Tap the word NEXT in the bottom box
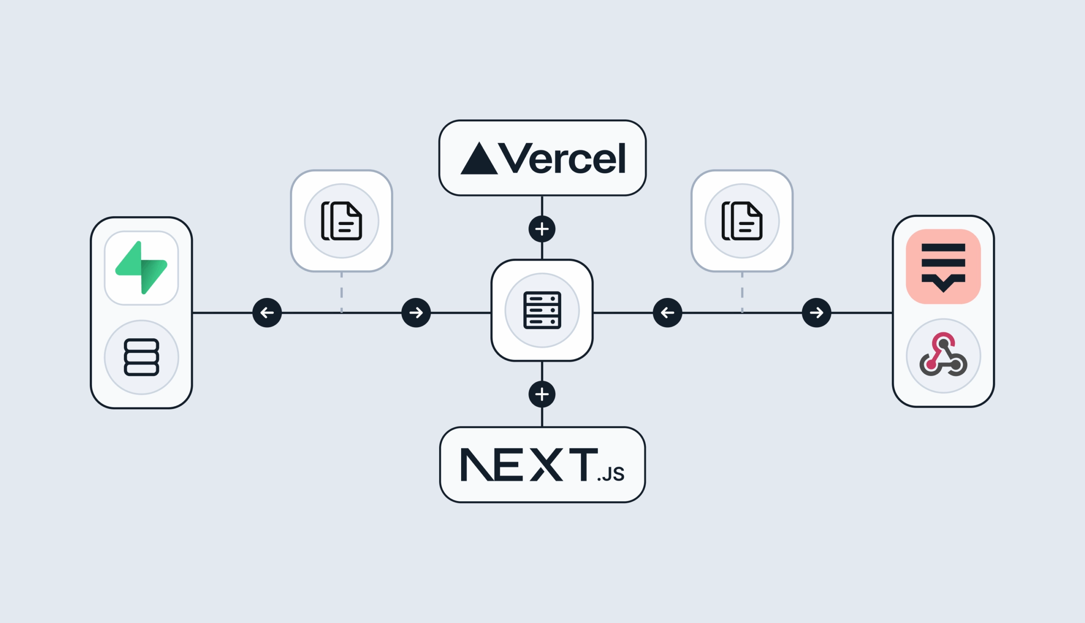tap(529, 464)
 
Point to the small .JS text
tap(611, 474)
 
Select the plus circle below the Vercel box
tap(542, 229)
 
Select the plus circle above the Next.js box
tap(542, 394)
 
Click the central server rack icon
tap(542, 310)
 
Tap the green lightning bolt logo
tap(141, 268)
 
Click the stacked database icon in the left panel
tap(141, 357)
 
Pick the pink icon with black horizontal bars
tap(943, 267)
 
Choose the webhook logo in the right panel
tap(943, 356)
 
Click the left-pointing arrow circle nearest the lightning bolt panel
tap(267, 313)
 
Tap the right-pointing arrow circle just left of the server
tap(416, 313)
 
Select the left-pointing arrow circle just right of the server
tap(668, 313)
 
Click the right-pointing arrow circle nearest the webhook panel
tap(816, 313)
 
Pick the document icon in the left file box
tap(342, 221)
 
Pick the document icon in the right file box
tap(742, 221)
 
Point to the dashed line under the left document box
tap(342, 293)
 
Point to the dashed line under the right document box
tap(742, 293)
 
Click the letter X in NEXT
tap(546, 464)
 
